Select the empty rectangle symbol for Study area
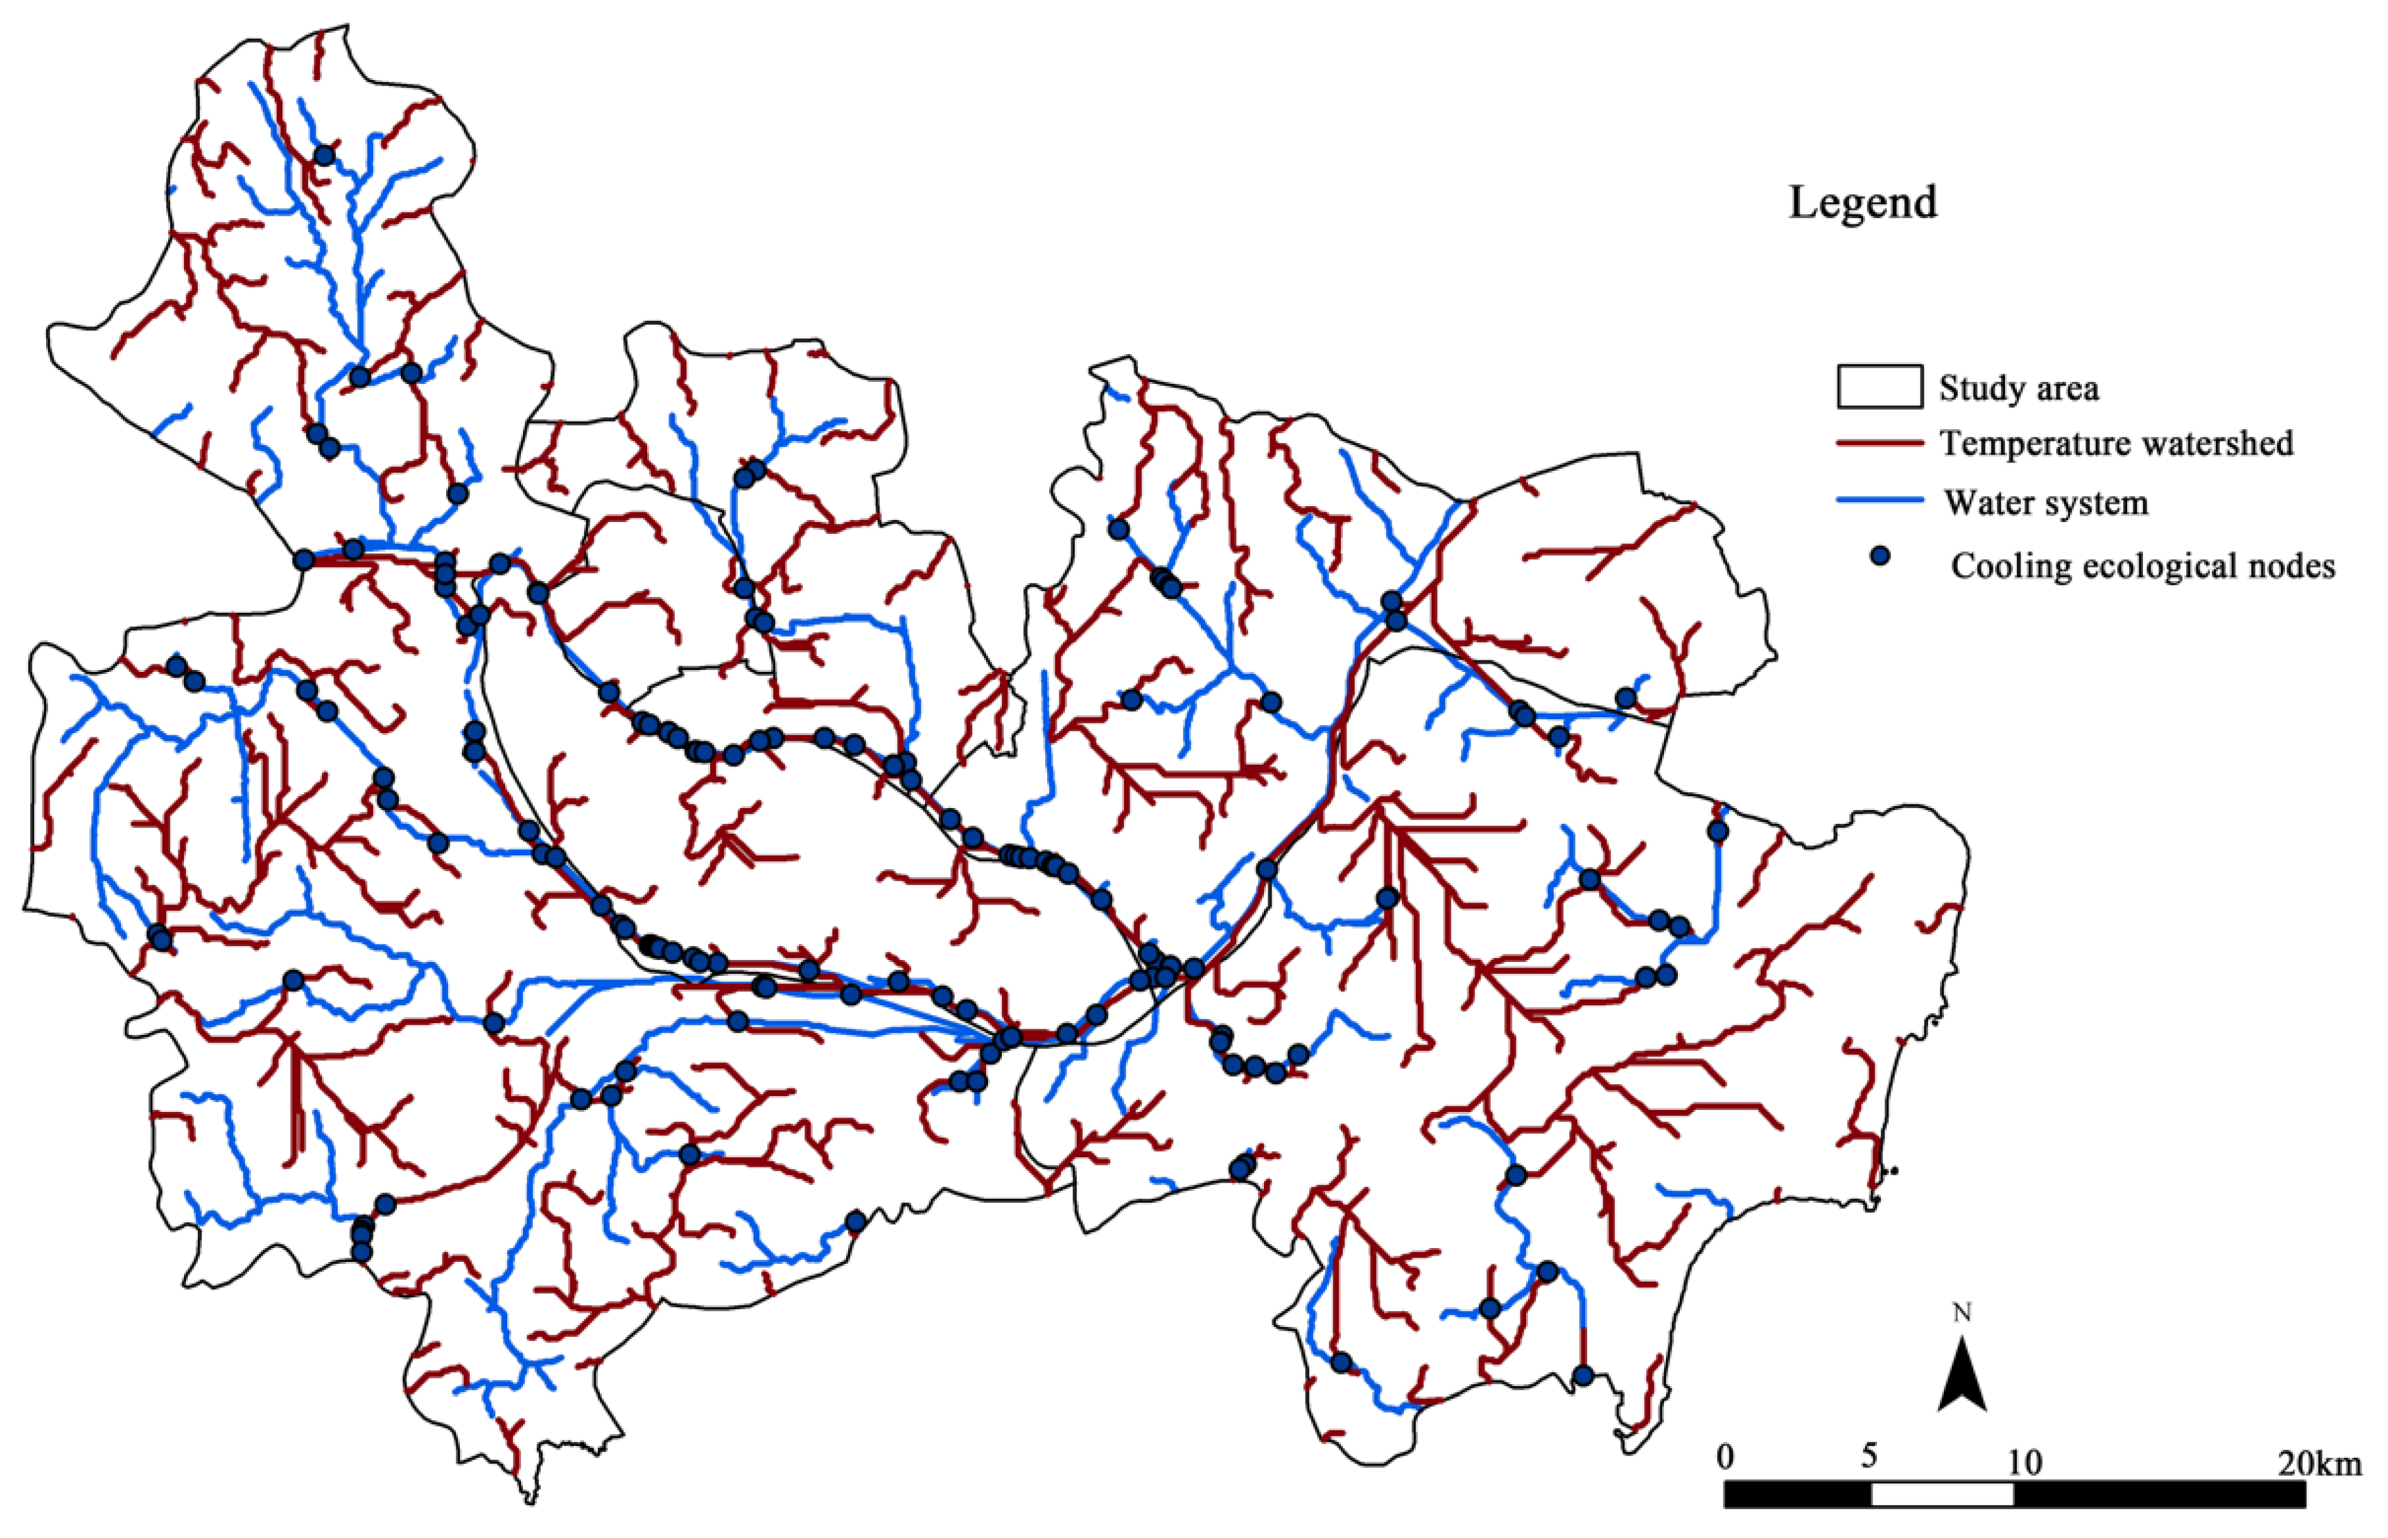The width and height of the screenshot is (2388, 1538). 1880,386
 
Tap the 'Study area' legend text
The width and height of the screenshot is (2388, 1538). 2019,388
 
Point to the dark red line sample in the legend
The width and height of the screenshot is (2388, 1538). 1880,443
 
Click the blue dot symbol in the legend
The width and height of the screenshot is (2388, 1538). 1881,557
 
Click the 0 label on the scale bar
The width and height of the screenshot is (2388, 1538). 1725,1458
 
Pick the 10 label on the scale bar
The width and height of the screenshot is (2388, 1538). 2024,1463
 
